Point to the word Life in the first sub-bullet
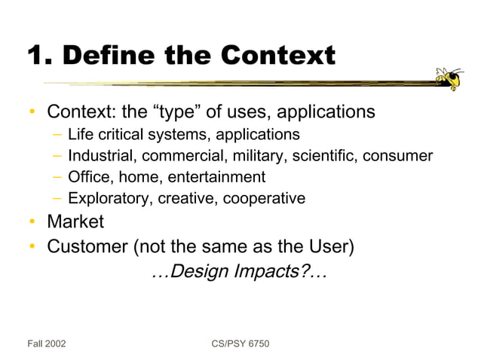(x=81, y=135)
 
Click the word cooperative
(x=267, y=199)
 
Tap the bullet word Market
(x=75, y=223)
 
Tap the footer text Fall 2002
(x=47, y=344)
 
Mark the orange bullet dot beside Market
(x=32, y=224)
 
